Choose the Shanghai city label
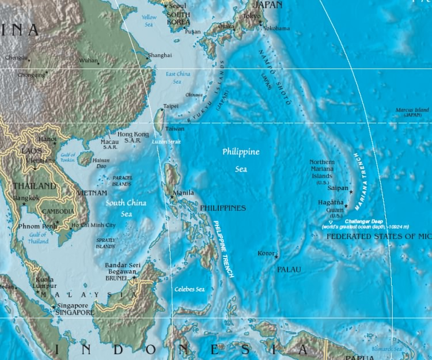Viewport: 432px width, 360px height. click(x=160, y=55)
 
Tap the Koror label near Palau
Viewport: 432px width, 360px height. click(x=266, y=253)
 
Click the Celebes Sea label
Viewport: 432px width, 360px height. click(x=190, y=289)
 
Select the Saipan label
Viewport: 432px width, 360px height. click(x=338, y=188)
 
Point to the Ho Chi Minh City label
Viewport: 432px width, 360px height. click(x=93, y=225)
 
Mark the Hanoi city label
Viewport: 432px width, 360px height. click(x=47, y=139)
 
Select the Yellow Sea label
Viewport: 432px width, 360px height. click(x=149, y=21)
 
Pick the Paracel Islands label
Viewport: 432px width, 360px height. click(x=122, y=181)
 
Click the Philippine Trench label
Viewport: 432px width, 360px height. click(x=223, y=249)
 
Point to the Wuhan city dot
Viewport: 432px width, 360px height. click(x=98, y=63)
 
